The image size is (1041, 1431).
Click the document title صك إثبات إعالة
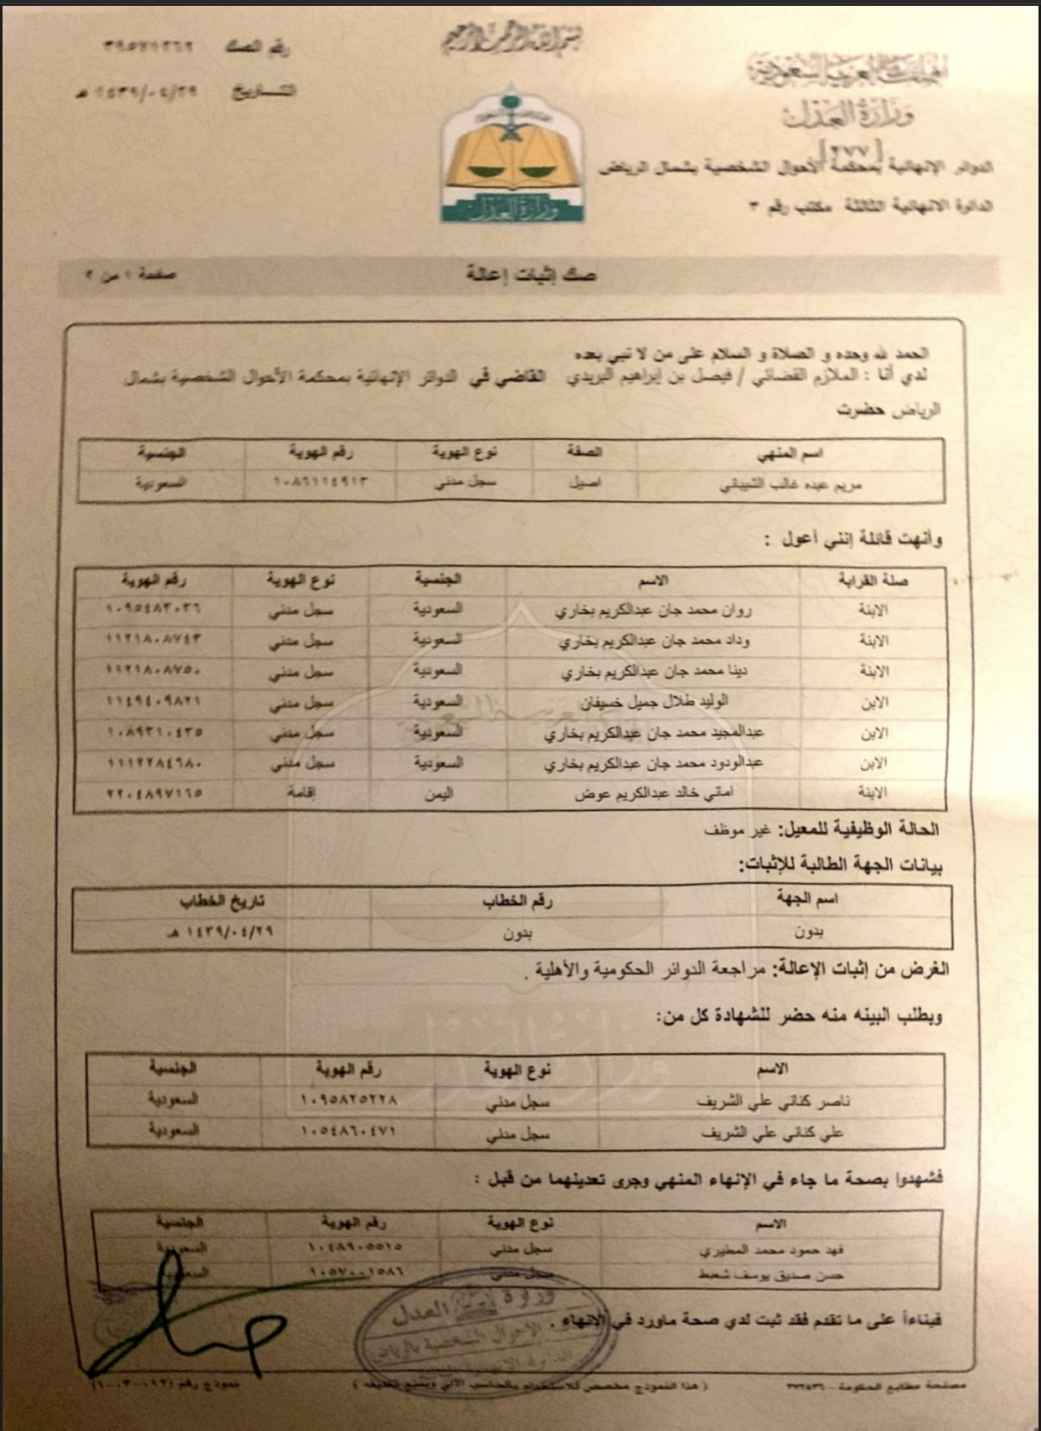[531, 274]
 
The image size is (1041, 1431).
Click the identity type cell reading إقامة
[301, 793]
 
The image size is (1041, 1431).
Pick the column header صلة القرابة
[873, 580]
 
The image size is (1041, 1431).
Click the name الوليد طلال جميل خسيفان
[654, 701]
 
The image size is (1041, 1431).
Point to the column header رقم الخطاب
[517, 901]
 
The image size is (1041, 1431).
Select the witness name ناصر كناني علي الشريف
[773, 1101]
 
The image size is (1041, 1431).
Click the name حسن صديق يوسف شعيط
[771, 1275]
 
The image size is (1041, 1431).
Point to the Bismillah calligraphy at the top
[511, 38]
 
